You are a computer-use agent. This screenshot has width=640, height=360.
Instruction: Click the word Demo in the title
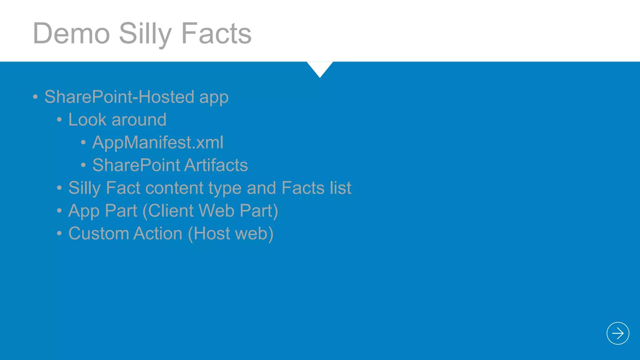[x=72, y=33]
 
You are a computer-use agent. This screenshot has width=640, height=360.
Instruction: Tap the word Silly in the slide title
[x=145, y=33]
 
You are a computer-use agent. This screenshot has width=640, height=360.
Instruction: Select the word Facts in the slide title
[x=216, y=33]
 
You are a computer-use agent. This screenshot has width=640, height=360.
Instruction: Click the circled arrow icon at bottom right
[x=617, y=333]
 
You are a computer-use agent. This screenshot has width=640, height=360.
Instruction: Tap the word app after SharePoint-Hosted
[x=214, y=97]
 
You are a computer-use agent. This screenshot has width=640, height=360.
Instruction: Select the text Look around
[x=117, y=119]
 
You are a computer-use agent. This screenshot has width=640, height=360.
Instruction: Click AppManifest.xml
[x=158, y=142]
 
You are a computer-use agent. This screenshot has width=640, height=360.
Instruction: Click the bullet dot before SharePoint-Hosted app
[x=35, y=97]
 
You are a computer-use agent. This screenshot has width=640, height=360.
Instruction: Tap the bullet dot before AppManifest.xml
[x=83, y=142]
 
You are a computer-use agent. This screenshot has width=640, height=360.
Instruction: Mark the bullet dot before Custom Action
[x=59, y=233]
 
